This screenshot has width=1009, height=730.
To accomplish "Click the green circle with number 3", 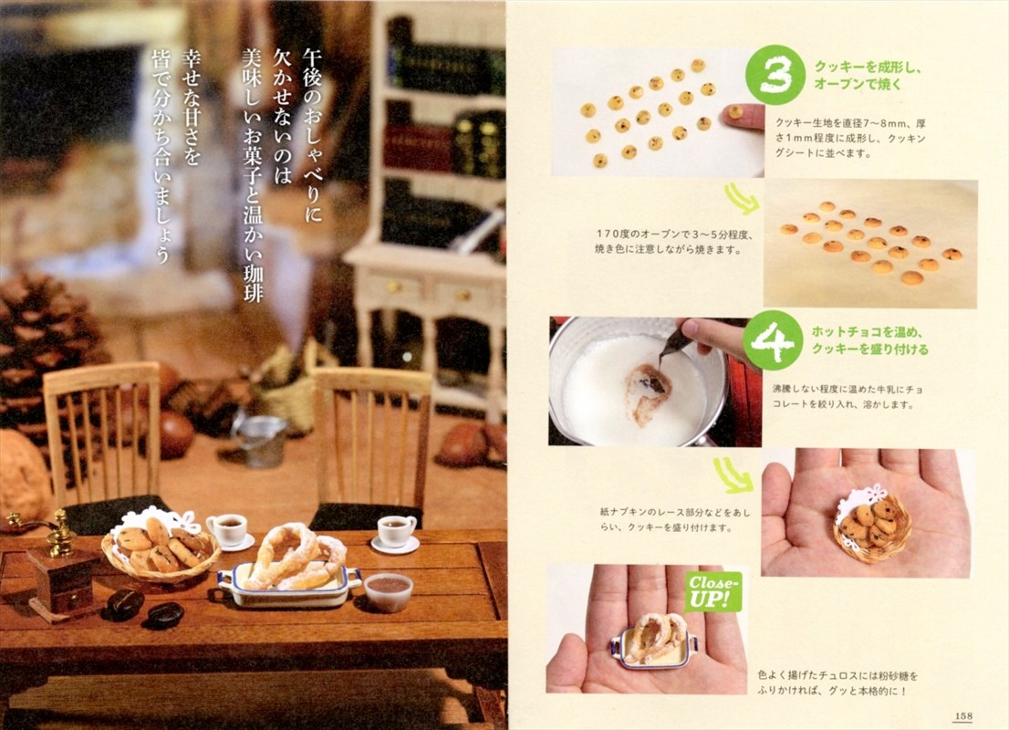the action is [775, 75].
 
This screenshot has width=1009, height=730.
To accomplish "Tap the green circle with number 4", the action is [775, 340].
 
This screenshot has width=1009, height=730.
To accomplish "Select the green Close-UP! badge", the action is [713, 591].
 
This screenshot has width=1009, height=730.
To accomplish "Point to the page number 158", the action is [963, 715].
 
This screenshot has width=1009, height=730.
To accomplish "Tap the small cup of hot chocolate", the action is [388, 591].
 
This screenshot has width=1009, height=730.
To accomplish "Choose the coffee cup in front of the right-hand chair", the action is [395, 534].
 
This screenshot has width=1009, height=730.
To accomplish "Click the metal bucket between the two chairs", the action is [261, 439].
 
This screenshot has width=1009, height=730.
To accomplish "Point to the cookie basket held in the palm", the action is [872, 526].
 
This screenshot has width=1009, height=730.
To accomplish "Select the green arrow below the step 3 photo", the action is [741, 198].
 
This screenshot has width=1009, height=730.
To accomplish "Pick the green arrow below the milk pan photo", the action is [733, 474].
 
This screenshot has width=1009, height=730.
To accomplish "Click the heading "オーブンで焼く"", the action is [858, 84].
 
